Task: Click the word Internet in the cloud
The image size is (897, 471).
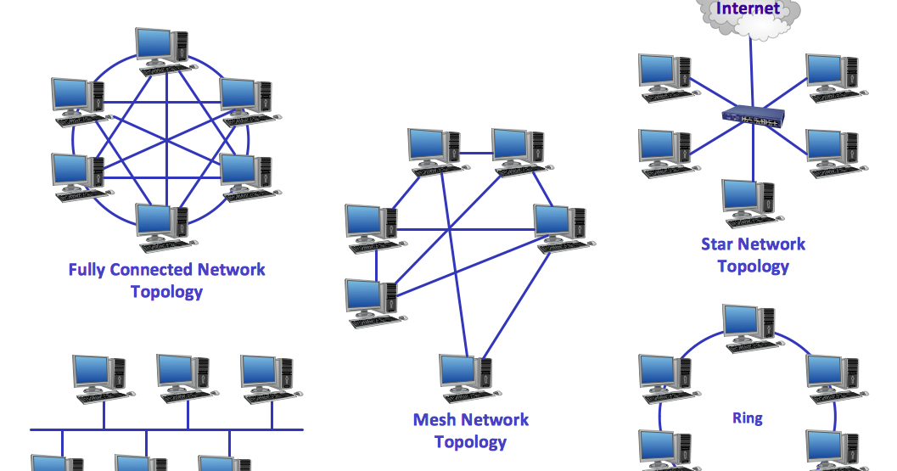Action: click(x=748, y=9)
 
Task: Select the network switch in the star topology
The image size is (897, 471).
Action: click(x=751, y=119)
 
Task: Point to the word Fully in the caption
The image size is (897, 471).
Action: click(x=88, y=270)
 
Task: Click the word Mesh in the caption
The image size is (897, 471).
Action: click(x=434, y=420)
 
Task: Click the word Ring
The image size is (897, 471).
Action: click(x=747, y=418)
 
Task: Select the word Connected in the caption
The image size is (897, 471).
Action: click(x=155, y=270)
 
